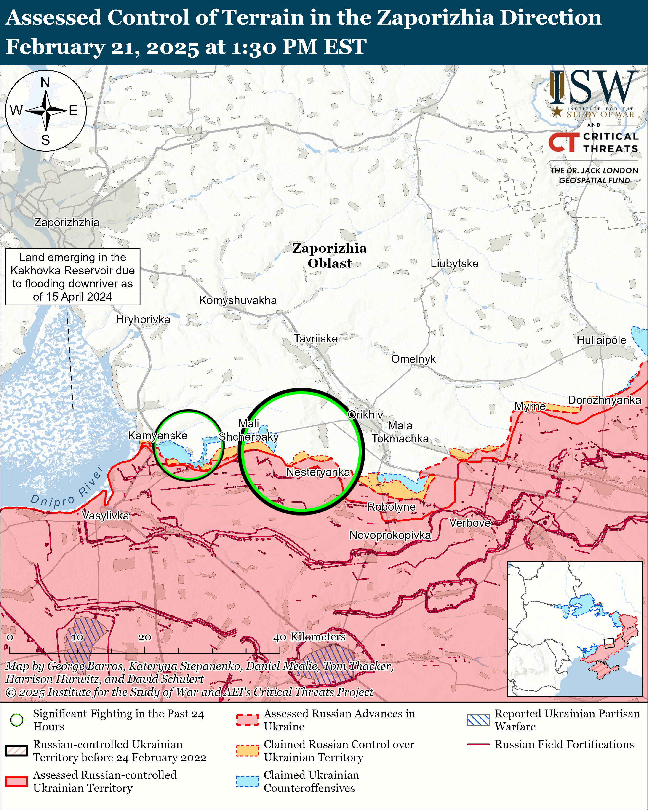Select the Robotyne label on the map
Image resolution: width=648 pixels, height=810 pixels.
coord(391,507)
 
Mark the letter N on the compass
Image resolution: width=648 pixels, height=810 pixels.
coord(45,82)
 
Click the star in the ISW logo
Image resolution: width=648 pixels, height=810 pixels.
coord(557,111)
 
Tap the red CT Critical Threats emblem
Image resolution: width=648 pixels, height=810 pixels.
coord(563,142)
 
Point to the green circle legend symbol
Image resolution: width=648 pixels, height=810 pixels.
coord(16,720)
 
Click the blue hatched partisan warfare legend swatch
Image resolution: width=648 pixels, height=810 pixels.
coord(478,720)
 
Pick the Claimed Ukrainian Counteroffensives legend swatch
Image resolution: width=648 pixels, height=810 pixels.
coord(247,781)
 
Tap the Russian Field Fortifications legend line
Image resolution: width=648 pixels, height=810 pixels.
coord(478,744)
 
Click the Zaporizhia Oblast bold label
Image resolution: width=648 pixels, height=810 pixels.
coord(329,255)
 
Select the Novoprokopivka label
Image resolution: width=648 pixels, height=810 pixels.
coord(390,535)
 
